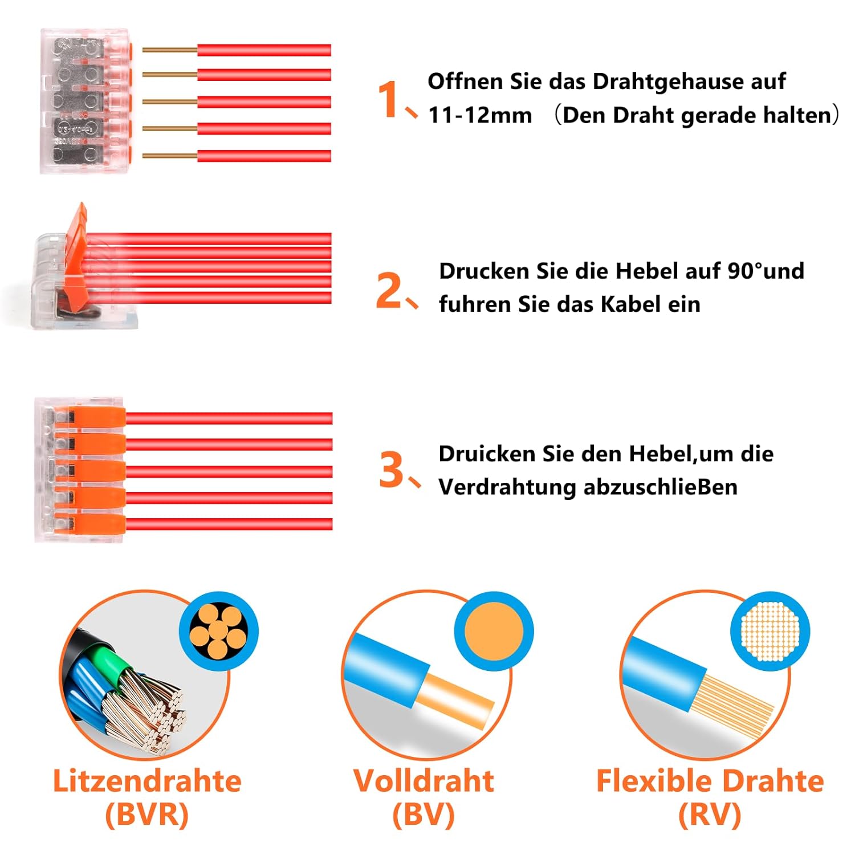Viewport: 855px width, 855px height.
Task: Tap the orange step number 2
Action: (389, 290)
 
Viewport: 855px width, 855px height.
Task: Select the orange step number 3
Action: (392, 470)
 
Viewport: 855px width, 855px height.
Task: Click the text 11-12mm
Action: (480, 115)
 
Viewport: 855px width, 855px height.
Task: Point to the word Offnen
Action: (466, 81)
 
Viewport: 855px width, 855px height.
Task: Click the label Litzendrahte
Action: (147, 781)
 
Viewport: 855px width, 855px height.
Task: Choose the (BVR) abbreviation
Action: (147, 814)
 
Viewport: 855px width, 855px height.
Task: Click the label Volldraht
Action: (424, 781)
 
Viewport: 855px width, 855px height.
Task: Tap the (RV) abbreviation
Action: (710, 814)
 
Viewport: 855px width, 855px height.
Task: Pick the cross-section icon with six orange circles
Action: (219, 631)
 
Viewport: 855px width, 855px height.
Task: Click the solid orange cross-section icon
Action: (494, 631)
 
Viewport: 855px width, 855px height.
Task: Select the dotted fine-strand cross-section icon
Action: (770, 631)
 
